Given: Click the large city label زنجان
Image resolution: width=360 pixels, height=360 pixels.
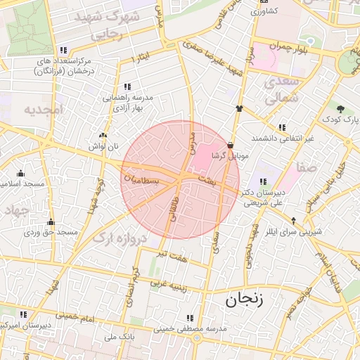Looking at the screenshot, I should click(x=243, y=300).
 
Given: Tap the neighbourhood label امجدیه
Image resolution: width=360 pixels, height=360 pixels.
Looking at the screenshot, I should click(x=44, y=109).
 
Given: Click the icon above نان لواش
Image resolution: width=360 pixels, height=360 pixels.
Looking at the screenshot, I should click(x=103, y=135).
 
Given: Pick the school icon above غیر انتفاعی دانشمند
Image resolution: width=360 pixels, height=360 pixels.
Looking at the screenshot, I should click(x=282, y=127).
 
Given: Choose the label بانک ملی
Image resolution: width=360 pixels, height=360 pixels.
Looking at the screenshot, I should click(x=119, y=337).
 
